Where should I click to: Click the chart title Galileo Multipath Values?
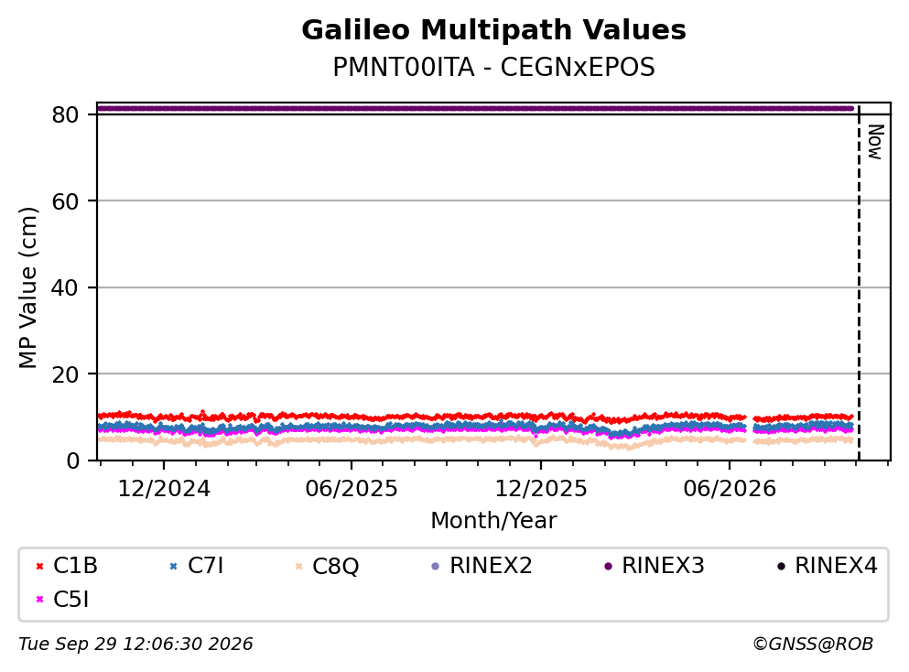(x=493, y=30)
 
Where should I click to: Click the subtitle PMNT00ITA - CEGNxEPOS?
(x=493, y=67)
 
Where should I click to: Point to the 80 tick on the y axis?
(x=65, y=114)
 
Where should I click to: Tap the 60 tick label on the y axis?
(x=65, y=201)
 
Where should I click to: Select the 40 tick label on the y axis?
(x=65, y=287)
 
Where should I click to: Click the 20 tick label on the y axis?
(x=65, y=374)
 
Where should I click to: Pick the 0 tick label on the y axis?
(x=72, y=461)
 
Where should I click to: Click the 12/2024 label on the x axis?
(x=164, y=489)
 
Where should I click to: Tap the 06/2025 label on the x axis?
(x=352, y=489)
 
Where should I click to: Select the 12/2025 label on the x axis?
(x=541, y=489)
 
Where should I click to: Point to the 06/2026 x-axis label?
(x=730, y=489)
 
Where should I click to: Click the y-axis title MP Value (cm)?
(x=27, y=287)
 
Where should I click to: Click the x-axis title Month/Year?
(x=493, y=521)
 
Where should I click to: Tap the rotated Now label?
(x=875, y=142)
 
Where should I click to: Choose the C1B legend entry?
(x=67, y=565)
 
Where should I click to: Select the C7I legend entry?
(x=197, y=565)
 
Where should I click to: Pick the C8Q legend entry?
(x=327, y=566)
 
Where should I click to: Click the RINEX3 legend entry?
(x=655, y=565)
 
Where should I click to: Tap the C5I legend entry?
(x=62, y=600)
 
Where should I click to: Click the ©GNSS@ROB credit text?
(x=813, y=644)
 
